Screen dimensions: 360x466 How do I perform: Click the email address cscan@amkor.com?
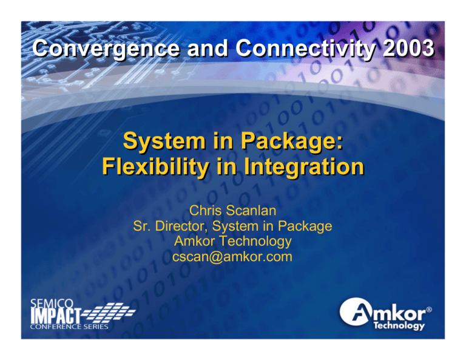(232, 257)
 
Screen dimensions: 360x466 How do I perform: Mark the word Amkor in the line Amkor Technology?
(194, 242)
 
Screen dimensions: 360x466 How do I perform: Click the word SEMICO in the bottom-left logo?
(50, 304)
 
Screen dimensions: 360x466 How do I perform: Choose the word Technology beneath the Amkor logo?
(399, 326)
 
